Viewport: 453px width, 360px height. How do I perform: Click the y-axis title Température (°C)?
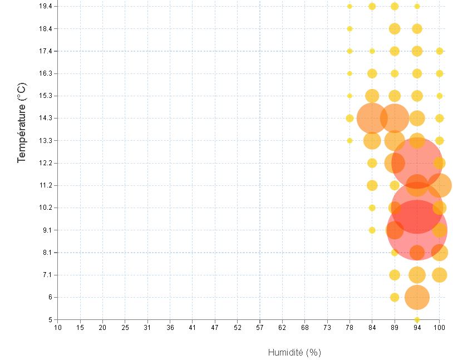[22, 122]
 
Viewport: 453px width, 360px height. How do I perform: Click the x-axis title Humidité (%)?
[294, 352]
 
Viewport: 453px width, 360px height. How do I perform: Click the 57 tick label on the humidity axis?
[260, 328]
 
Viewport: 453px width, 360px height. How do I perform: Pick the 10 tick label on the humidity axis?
[58, 328]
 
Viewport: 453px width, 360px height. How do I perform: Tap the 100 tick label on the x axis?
[440, 328]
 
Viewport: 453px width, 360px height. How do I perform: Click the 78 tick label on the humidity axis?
[349, 328]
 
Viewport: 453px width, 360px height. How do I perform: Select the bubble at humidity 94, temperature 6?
[417, 297]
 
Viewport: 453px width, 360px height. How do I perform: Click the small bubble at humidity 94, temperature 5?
[417, 319]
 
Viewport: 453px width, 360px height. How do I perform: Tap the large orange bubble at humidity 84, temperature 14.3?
[372, 118]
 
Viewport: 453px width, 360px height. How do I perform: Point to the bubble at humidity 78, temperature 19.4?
[349, 6]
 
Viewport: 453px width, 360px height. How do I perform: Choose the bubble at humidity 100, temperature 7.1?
[440, 275]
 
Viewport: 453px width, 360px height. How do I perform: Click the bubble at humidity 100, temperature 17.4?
[440, 51]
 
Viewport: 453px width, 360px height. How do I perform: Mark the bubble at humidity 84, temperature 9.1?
[372, 230]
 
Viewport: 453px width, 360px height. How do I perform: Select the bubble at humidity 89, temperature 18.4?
[395, 29]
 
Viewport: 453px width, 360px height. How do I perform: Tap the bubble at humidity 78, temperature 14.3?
[349, 118]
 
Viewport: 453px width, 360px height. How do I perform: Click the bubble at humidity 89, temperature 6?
[395, 297]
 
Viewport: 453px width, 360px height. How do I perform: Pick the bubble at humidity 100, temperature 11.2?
[440, 185]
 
